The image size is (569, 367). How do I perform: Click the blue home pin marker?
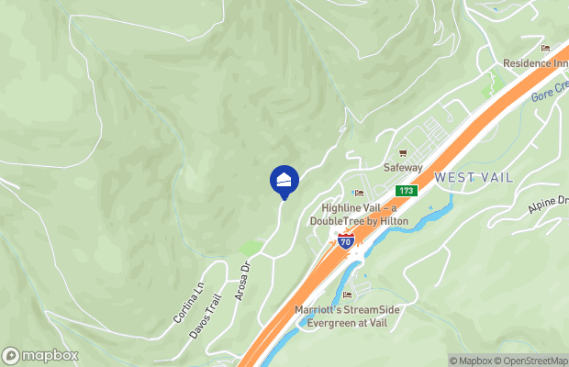coord(284,180)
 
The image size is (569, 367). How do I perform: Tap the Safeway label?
coord(403,168)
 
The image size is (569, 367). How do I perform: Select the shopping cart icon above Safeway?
coord(402,153)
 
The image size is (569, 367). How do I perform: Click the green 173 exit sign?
coord(407,190)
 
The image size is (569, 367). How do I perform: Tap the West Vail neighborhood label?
coord(474,176)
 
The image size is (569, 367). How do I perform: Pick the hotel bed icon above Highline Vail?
coord(358,193)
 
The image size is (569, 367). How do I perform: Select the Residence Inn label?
coord(535,63)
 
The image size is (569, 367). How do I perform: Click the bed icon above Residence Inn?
coord(546,48)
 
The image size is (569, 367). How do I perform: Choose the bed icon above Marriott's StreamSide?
coord(347,295)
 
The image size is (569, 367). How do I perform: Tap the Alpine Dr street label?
coord(548,206)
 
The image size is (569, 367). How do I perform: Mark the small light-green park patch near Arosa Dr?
coord(251,248)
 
